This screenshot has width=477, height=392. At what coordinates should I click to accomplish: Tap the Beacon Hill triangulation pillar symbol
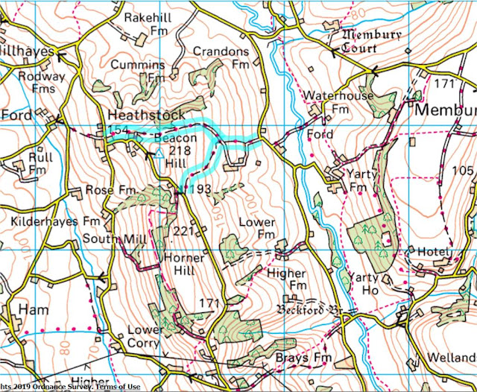click(158, 153)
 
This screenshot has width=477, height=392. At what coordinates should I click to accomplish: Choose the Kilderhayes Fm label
click(55, 222)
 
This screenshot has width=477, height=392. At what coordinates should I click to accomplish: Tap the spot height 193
click(200, 190)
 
